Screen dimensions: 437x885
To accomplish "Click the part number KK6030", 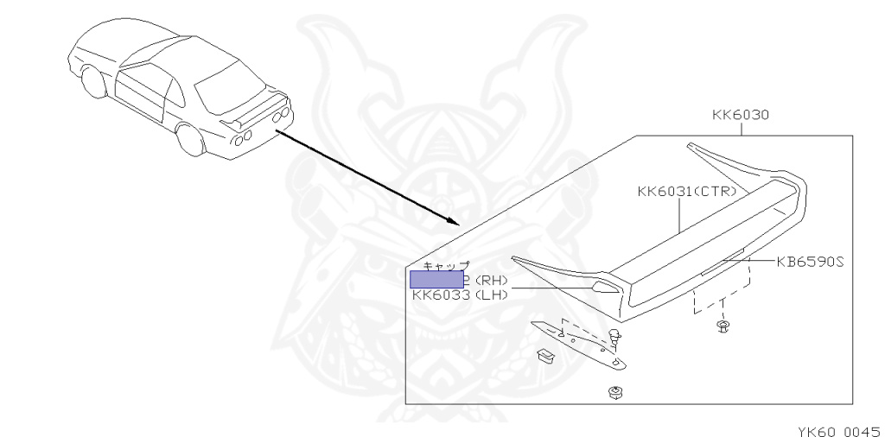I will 741,114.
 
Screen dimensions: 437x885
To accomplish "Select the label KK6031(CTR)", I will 687,192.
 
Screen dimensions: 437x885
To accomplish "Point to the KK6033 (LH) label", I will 460,295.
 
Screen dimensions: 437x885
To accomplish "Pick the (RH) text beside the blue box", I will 490,280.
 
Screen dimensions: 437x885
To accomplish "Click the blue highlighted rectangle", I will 436,278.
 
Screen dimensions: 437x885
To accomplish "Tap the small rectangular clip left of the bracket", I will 544,354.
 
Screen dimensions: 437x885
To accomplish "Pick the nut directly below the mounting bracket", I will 615,393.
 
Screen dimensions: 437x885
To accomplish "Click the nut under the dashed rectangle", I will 723,326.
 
